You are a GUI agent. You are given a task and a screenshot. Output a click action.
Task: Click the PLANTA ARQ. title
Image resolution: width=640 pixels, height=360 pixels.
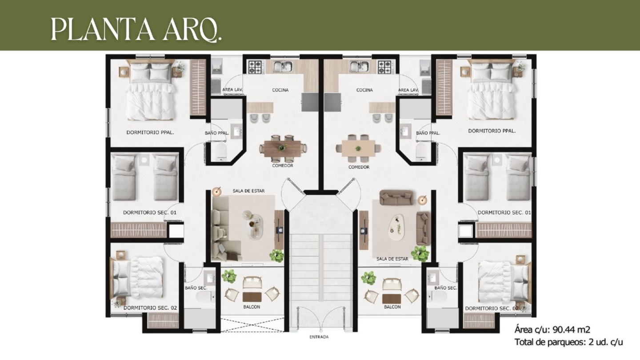[136, 29]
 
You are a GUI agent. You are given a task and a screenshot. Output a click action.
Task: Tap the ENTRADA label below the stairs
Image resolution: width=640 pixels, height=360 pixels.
[319, 337]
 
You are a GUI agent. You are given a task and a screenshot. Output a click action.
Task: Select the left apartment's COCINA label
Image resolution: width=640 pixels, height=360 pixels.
[280, 90]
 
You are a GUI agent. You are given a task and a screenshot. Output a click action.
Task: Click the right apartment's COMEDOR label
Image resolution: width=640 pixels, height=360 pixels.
[359, 167]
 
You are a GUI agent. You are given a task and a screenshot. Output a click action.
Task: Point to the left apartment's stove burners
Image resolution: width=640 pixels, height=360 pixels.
[254, 67]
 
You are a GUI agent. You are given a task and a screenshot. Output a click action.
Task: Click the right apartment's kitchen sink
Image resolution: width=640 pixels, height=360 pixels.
[360, 67]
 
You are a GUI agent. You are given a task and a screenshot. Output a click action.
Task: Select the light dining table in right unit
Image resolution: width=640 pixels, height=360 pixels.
[358, 148]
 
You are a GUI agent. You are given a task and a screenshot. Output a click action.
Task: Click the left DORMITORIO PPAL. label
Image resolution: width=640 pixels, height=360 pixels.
[150, 132]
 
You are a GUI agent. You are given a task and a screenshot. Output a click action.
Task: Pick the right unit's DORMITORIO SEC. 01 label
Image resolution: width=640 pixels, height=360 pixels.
[504, 212]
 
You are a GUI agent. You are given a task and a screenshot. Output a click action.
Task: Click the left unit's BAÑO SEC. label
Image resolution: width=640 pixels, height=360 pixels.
[196, 288]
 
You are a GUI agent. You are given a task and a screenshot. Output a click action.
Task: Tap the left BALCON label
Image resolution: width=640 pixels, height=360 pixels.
[252, 307]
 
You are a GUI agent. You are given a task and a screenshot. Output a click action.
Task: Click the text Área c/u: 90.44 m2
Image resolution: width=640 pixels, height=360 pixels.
[552, 330]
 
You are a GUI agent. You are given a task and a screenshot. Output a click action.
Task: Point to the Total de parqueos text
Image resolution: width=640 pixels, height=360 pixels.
[568, 342]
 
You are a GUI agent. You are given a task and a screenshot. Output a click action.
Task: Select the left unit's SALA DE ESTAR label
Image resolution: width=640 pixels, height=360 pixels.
[248, 191]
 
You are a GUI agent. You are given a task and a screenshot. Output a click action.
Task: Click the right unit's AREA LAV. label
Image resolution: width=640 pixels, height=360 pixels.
[408, 90]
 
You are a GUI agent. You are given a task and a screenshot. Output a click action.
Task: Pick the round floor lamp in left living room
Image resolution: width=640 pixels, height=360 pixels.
[216, 192]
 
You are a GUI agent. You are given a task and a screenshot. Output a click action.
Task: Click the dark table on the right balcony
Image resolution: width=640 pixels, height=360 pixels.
[392, 298]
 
